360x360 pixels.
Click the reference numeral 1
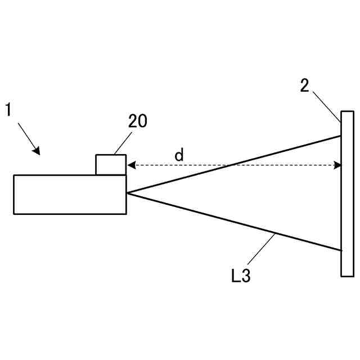pyautogui.click(x=8, y=109)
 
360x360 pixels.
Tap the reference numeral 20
pyautogui.click(x=138, y=121)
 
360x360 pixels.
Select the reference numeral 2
pyautogui.click(x=304, y=86)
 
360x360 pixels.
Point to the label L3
pyautogui.click(x=240, y=276)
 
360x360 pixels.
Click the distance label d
pyautogui.click(x=179, y=155)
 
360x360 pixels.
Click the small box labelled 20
pyautogui.click(x=111, y=165)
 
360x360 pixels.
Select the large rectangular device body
pyautogui.click(x=70, y=195)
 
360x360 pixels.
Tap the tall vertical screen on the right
pyautogui.click(x=347, y=193)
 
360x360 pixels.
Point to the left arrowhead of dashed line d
pyautogui.click(x=130, y=165)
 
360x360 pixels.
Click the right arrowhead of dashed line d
pyautogui.click(x=337, y=165)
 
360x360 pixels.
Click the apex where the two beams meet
pyautogui.click(x=128, y=193)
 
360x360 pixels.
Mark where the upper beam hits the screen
pyautogui.click(x=341, y=136)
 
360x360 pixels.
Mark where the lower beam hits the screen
pyautogui.click(x=341, y=250)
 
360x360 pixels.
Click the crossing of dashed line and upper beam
pyautogui.click(x=231, y=165)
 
